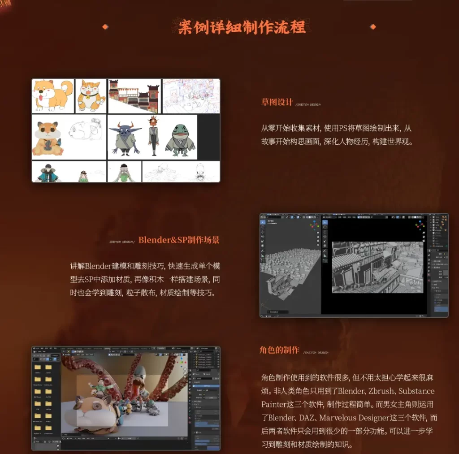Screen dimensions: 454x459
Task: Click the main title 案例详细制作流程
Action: pos(242,27)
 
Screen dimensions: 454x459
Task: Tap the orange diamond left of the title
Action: pos(105,27)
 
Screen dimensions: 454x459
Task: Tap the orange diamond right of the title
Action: pos(372,27)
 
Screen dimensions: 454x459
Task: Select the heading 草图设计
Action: pos(277,102)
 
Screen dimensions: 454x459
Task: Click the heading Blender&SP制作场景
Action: pos(179,240)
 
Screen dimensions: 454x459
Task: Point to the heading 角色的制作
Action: pos(279,350)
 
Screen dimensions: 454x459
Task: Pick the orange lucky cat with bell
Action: pos(91,95)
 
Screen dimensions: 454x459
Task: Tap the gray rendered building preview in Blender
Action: pos(377,267)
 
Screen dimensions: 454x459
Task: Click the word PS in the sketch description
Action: pos(343,128)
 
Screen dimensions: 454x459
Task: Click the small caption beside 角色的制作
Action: pos(316,353)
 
